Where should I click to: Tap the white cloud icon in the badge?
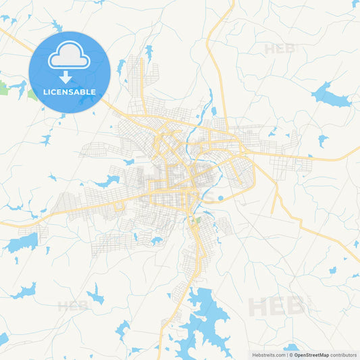tap(70, 57)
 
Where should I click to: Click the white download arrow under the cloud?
tap(70, 76)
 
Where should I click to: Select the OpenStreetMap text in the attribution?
tap(311, 355)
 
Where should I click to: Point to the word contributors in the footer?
tap(344, 355)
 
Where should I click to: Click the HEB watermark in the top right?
tap(279, 49)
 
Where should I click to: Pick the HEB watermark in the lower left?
tap(73, 305)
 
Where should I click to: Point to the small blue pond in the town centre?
tap(220, 198)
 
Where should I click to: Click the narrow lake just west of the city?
tap(108, 181)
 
